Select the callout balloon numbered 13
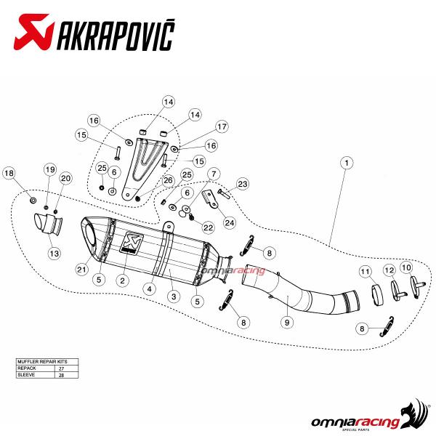click(x=53, y=253)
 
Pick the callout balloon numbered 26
click(x=168, y=180)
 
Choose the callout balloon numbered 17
click(x=222, y=126)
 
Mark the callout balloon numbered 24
click(x=230, y=222)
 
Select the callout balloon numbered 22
click(x=208, y=227)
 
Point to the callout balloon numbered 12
click(x=389, y=270)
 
